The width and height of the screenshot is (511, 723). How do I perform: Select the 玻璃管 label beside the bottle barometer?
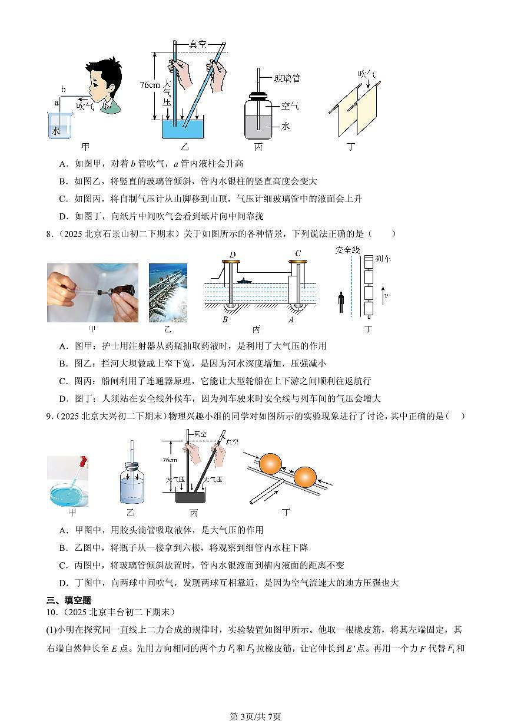click(x=288, y=77)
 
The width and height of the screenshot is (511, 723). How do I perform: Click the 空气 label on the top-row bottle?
click(x=290, y=106)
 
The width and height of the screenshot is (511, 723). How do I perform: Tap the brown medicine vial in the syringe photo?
click(x=124, y=292)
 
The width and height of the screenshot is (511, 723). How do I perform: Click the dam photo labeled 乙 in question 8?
click(x=168, y=292)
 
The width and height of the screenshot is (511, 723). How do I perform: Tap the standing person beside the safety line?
click(x=341, y=303)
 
